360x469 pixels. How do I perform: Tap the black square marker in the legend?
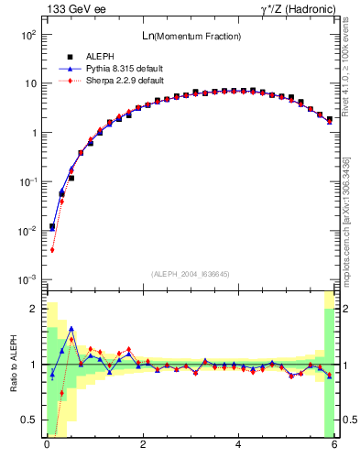pyautogui.click(x=70, y=58)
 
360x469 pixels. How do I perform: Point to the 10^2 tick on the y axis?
pyautogui.click(x=27, y=34)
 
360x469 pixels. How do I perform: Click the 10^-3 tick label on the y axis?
pyautogui.click(x=27, y=279)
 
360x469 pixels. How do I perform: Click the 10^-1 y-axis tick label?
pyautogui.click(x=27, y=181)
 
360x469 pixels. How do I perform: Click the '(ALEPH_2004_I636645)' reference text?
pyautogui.click(x=190, y=274)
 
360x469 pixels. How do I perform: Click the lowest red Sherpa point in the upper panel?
pyautogui.click(x=53, y=249)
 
